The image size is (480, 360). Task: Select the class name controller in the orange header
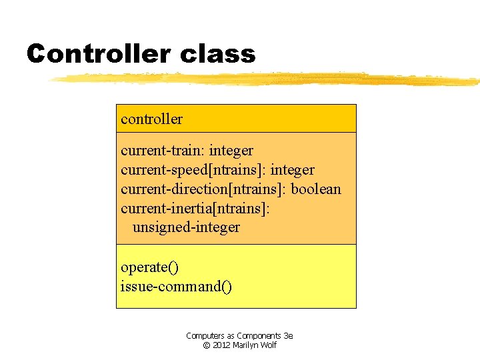(x=151, y=119)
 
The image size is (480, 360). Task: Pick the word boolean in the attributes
(x=316, y=189)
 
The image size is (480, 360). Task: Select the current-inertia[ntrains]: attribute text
(x=195, y=209)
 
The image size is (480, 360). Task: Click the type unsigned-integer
(x=186, y=227)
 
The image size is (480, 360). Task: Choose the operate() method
(x=149, y=267)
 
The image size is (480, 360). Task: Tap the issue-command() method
(x=176, y=287)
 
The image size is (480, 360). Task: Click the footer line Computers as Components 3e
(x=239, y=336)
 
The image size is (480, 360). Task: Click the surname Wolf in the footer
(x=269, y=345)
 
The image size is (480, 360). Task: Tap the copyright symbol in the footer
(x=207, y=345)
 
